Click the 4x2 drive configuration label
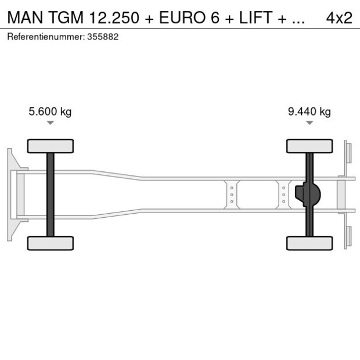339,17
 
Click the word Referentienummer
45,37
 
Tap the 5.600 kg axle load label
50,111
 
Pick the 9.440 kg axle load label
309,111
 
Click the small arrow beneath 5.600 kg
51,123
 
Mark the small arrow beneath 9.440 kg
309,123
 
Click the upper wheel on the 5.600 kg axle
51,146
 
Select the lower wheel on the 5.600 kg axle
51,243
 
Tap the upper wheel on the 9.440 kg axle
309,146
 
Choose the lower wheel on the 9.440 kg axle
309,243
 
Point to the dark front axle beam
51,195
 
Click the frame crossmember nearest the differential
283,195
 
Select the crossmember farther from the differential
232,195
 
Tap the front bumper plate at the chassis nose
10,195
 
